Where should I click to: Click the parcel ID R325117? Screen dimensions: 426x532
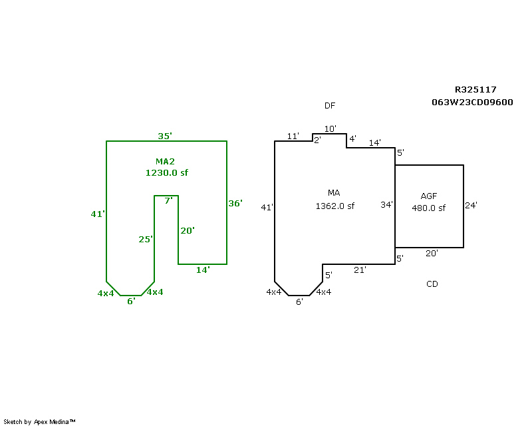point(475,89)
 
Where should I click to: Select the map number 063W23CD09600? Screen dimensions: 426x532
point(472,102)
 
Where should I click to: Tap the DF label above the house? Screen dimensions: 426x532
point(330,106)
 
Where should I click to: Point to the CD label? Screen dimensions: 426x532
point(432,284)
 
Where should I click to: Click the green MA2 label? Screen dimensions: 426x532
point(165,162)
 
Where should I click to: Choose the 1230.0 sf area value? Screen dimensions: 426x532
point(167,172)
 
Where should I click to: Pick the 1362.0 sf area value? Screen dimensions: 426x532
point(334,206)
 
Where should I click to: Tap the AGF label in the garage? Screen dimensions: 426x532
point(429,196)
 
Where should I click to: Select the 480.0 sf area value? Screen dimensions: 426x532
point(429,208)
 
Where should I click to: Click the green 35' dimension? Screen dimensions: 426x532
point(165,136)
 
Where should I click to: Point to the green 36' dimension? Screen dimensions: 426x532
point(235,203)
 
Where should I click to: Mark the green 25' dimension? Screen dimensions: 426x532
point(146,239)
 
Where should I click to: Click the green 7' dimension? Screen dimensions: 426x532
point(168,200)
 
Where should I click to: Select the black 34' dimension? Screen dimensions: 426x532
point(386,204)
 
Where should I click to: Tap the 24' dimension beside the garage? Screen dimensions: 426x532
point(471,205)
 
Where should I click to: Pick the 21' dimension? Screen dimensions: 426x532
point(359,270)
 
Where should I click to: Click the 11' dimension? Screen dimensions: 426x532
point(293,136)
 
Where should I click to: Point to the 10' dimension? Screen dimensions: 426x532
point(331,128)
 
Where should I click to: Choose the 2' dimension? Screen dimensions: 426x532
point(318,140)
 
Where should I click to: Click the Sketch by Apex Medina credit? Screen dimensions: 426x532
point(40,422)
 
